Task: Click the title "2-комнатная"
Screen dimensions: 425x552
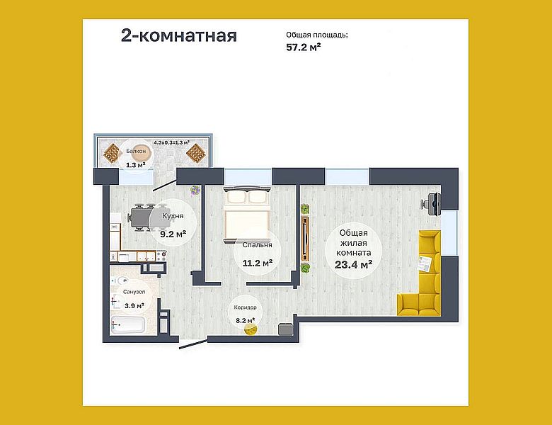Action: pos(178,36)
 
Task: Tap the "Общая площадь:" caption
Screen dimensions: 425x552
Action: pos(316,33)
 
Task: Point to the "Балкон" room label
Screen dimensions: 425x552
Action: pos(137,152)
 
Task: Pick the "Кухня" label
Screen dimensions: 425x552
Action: pos(173,217)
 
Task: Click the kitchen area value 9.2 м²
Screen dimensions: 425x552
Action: pos(173,233)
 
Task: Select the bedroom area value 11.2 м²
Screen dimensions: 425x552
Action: pos(258,263)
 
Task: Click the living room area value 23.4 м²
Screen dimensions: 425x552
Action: pos(354,265)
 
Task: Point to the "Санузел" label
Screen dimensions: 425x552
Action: pos(134,291)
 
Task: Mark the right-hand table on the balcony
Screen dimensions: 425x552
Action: pos(195,152)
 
